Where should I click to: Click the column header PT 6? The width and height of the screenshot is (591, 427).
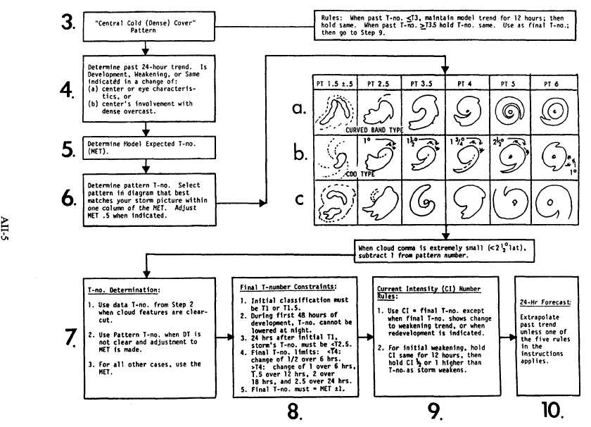click(549, 83)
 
